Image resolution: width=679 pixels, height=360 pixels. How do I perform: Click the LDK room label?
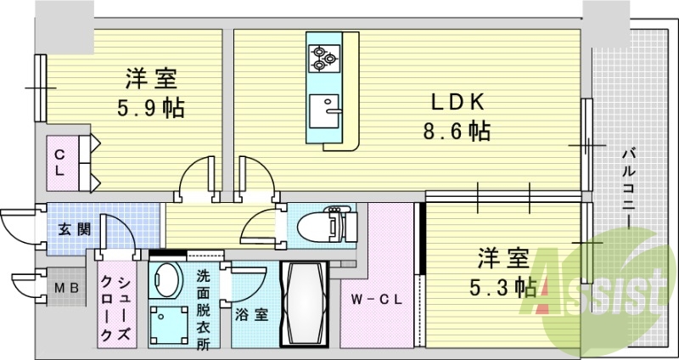click(x=457, y=102)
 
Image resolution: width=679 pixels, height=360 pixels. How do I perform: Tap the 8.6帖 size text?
click(x=457, y=131)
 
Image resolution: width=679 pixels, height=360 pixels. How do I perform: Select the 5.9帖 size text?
click(x=151, y=108)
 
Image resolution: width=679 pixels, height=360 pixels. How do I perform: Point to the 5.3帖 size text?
click(x=503, y=286)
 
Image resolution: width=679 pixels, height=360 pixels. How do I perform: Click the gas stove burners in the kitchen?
click(x=323, y=59)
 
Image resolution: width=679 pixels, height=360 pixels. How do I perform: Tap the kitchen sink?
click(x=324, y=111)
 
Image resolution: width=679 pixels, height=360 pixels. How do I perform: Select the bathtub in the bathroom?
click(x=305, y=304)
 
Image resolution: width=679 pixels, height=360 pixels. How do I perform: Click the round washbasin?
click(x=166, y=280)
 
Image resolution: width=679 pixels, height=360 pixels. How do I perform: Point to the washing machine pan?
click(x=169, y=326)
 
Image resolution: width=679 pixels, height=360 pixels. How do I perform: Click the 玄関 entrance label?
click(x=75, y=230)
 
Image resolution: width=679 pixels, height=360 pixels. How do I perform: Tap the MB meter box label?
click(x=66, y=287)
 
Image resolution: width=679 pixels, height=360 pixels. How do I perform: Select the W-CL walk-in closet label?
click(x=376, y=299)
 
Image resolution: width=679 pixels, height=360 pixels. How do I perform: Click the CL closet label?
click(x=59, y=162)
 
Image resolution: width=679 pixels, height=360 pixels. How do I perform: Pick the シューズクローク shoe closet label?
click(x=115, y=308)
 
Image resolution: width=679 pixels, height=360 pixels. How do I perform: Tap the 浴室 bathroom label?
click(x=251, y=315)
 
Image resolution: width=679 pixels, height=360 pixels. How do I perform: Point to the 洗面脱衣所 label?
click(x=203, y=310)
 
